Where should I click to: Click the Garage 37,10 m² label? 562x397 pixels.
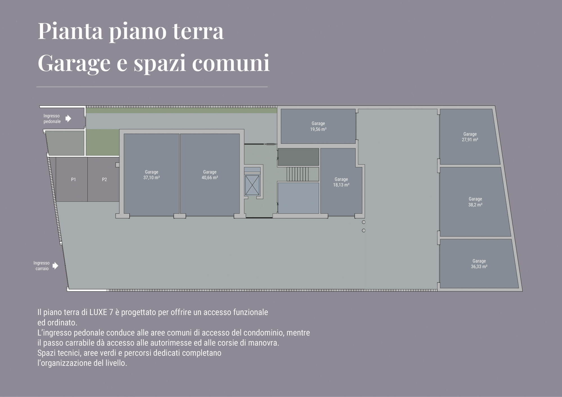point(152,175)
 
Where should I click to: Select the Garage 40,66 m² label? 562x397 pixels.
point(210,175)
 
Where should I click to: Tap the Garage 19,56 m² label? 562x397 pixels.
point(318,126)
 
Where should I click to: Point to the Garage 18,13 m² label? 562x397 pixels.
point(341,182)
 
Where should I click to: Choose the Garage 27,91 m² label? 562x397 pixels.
point(470,137)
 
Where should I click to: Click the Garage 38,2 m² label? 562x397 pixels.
point(475,202)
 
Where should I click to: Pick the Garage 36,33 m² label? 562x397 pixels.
point(479,264)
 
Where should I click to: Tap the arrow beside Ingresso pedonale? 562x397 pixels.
point(68,118)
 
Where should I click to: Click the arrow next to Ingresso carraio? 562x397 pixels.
point(55,266)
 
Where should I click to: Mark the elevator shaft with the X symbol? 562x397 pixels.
point(252,185)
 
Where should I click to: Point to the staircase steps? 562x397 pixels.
point(297,174)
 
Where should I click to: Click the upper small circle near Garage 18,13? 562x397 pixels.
point(364,222)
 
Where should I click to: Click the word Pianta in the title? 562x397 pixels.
point(70,31)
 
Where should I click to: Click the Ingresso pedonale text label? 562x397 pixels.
point(52,118)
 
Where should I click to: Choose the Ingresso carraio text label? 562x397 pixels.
point(42,266)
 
